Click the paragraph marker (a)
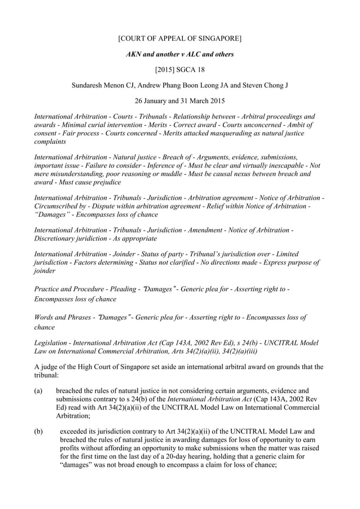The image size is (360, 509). [39, 389]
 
